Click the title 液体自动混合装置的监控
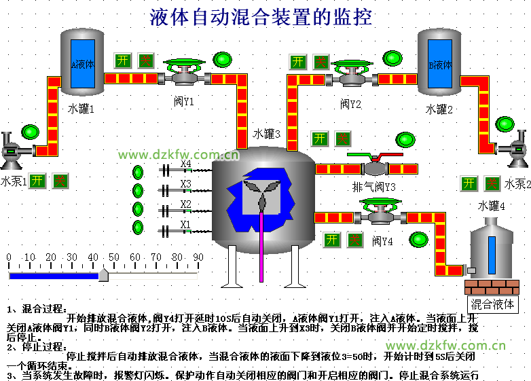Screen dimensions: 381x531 (261, 18)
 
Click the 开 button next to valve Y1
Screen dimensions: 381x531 (122, 60)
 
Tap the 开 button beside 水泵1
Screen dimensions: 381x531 (38, 181)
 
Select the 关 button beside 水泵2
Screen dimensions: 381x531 (492, 183)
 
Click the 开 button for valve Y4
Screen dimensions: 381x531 (331, 240)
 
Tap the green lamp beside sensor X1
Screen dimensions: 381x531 (139, 228)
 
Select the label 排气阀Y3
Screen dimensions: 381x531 (374, 187)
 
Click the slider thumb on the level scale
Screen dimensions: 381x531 (103, 274)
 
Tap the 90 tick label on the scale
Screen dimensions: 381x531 (198, 257)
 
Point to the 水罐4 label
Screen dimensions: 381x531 (492, 205)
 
